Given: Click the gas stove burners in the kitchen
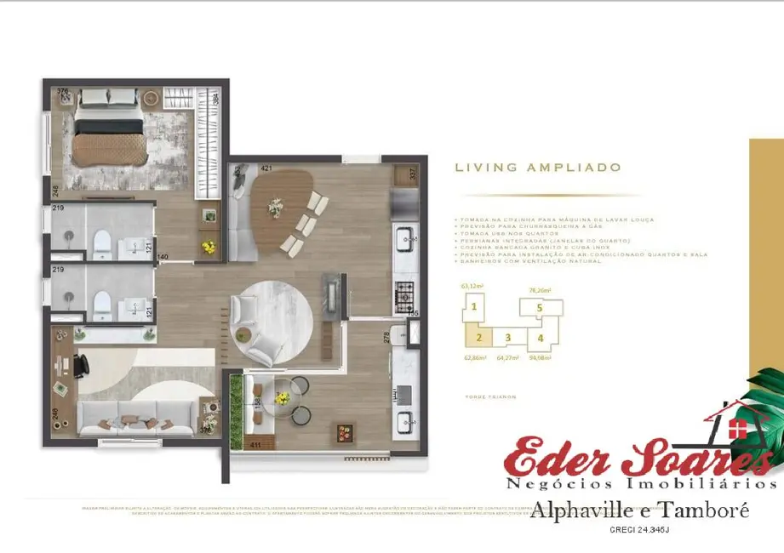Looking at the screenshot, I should pos(403,297).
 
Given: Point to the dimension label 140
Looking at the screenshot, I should pos(162,256).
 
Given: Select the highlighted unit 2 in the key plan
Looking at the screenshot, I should pos(479,337).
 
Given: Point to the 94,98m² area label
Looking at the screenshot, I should pos(540,357).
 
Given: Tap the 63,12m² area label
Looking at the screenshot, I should pos(471,287).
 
